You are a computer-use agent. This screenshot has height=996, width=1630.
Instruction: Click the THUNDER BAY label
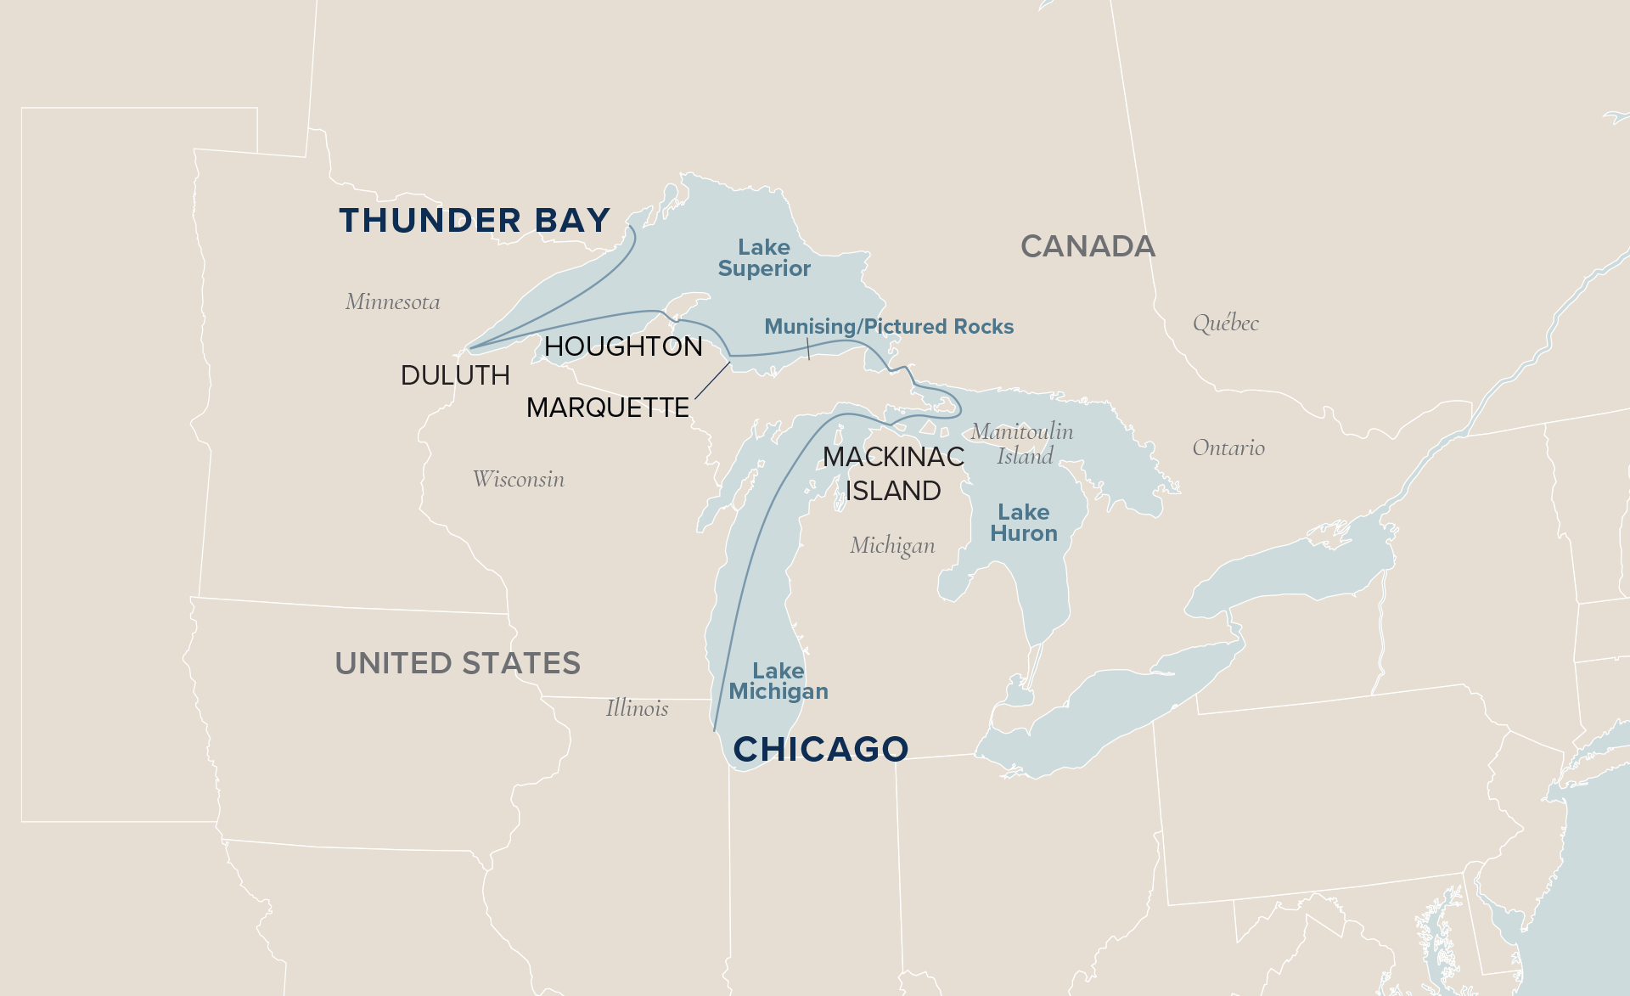point(475,221)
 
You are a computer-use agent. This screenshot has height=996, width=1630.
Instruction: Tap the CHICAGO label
point(821,749)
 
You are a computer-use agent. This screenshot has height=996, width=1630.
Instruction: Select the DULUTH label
point(455,375)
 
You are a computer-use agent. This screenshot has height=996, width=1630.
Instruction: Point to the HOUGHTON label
point(623,346)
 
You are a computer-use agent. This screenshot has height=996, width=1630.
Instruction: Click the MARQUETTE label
point(608,408)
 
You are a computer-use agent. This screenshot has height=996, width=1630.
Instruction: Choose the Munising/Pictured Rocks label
point(889,327)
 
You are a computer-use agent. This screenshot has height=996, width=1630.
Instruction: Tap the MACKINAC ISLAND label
point(893,474)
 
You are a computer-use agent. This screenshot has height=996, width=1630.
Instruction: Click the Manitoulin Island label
point(1022,443)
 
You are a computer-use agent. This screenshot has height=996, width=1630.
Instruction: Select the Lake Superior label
point(764,258)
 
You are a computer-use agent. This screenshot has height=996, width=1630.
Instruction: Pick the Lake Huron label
point(1024,523)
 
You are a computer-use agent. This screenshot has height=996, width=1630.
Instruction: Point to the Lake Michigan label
point(778,681)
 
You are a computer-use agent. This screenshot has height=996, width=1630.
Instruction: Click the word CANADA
point(1088,246)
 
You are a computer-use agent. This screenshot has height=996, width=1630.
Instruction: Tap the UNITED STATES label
point(458,663)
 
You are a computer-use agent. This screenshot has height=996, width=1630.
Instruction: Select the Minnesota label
point(392,301)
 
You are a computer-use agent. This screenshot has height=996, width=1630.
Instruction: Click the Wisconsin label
point(518,479)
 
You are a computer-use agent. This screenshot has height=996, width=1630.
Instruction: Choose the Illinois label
point(637,708)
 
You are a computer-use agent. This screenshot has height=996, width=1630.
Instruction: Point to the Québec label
point(1225,323)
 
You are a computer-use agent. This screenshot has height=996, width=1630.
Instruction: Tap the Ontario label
point(1228,447)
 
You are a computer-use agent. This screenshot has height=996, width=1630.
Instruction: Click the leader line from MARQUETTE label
point(713,380)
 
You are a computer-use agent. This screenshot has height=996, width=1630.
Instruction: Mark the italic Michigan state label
point(892,545)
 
